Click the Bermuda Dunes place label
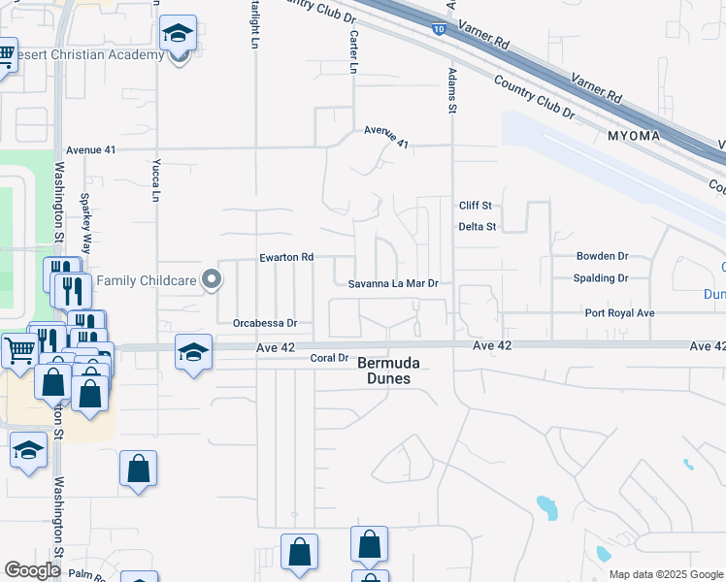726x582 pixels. pos(384,371)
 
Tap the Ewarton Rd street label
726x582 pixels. pos(286,258)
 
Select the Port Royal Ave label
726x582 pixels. pos(619,313)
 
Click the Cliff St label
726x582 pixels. pos(477,206)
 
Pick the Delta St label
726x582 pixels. pos(478,227)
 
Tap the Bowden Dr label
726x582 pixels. pos(602,256)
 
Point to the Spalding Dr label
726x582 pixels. pos(602,278)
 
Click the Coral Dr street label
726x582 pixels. pos(329,358)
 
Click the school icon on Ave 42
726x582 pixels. pos(193,351)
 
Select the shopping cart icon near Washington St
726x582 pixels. pos(18,350)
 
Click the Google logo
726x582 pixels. pos(32,570)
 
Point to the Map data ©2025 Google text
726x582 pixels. pos(665,574)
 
